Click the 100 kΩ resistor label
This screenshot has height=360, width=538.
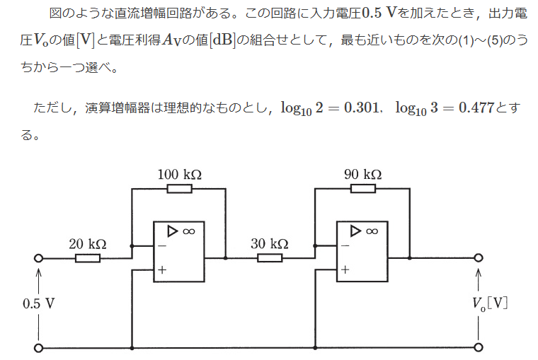[178, 174]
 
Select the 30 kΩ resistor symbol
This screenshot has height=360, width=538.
[270, 258]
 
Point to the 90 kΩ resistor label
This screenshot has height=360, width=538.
[363, 174]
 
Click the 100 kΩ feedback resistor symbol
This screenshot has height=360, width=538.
[178, 189]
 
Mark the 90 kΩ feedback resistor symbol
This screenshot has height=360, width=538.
[362, 189]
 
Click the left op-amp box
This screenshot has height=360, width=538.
[178, 251]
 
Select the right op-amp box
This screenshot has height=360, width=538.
[362, 251]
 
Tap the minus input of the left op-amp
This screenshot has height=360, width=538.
[162, 246]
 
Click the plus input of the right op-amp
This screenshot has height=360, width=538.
[345, 269]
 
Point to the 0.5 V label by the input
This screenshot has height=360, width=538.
[38, 303]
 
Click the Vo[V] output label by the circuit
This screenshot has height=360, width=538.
[490, 303]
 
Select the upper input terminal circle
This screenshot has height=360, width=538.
[38, 258]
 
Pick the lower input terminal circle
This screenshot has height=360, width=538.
[38, 348]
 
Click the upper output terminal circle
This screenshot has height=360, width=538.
[479, 258]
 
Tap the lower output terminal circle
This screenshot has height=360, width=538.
[479, 348]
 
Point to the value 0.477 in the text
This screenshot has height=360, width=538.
[476, 108]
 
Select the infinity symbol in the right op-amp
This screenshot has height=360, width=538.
[372, 231]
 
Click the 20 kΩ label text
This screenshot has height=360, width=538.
[87, 244]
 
